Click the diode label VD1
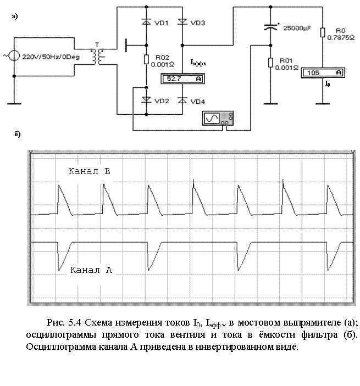coord(162,23)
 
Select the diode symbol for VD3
coord(182,22)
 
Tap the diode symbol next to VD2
coord(146,99)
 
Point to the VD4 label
coord(198,102)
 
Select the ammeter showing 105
coord(323,72)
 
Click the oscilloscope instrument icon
coord(218,118)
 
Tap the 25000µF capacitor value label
coord(297,28)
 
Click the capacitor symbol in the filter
coord(270,27)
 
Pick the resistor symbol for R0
coord(323,32)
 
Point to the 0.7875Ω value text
coord(341,38)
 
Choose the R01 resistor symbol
coord(270,63)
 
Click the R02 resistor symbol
coord(146,59)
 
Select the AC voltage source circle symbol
coord(14,56)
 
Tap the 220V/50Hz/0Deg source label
coord(51,57)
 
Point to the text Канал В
coord(90,171)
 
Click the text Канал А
coord(91,270)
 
